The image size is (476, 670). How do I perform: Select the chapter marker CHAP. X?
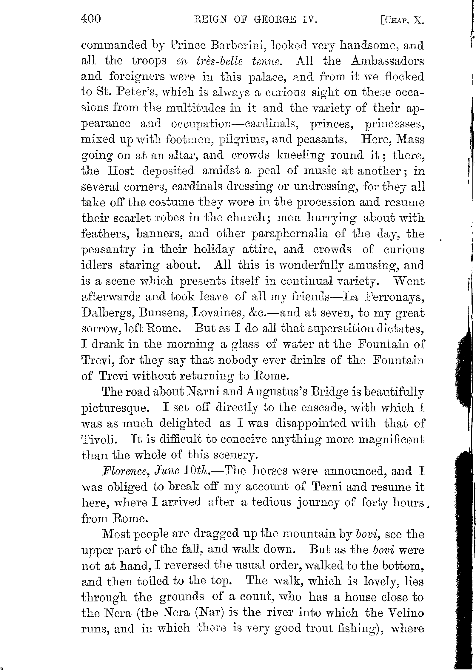click(403, 20)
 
